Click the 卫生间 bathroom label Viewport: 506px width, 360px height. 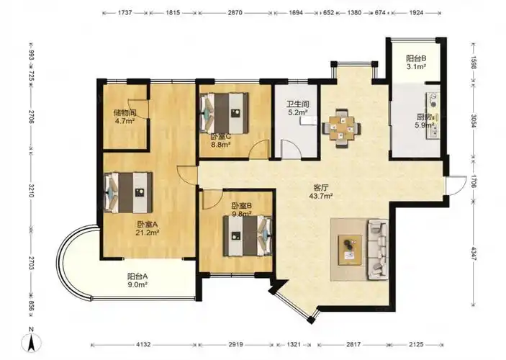[x=298, y=104]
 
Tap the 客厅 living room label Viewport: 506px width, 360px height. [x=321, y=187]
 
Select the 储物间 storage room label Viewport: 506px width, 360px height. [x=125, y=113]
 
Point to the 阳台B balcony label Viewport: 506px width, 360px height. [x=416, y=58]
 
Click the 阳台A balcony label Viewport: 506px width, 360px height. [x=137, y=276]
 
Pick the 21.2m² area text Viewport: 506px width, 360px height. [x=148, y=233]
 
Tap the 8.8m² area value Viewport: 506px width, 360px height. [x=220, y=145]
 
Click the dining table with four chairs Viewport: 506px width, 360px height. [x=342, y=128]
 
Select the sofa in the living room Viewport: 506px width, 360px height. [x=378, y=249]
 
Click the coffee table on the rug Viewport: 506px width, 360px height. [x=350, y=251]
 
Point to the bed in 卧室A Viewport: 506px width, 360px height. [x=128, y=192]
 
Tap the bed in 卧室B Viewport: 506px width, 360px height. [x=248, y=236]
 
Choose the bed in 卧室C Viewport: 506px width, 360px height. [x=225, y=113]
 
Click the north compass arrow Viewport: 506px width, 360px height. [x=31, y=342]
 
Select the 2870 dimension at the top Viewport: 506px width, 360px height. [x=235, y=13]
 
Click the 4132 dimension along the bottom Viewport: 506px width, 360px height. [x=143, y=344]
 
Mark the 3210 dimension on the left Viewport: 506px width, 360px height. [x=31, y=190]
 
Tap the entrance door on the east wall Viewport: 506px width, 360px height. [x=456, y=186]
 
